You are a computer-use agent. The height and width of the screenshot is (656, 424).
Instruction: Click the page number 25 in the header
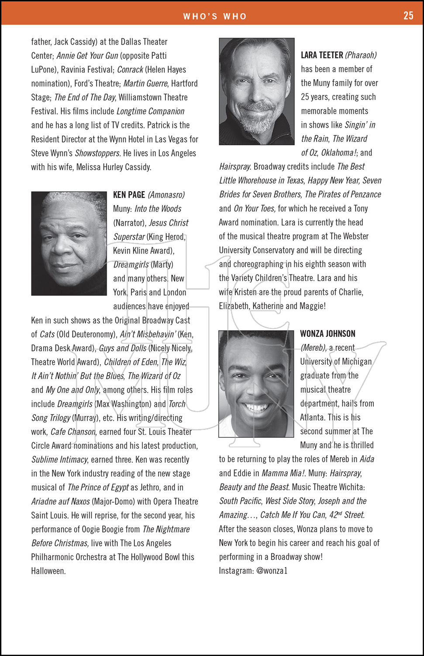408,16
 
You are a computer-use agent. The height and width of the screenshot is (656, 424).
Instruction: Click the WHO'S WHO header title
215,17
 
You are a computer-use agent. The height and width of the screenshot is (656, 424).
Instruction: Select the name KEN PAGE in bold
129,195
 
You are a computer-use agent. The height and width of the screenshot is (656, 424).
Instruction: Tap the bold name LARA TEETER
322,55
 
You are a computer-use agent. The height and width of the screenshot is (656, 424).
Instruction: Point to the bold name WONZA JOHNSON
327,334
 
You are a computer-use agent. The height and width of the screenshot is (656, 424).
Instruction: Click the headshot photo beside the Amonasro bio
69,243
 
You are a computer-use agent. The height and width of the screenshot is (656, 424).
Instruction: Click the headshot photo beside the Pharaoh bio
257,91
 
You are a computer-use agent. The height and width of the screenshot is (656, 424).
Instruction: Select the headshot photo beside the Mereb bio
256,384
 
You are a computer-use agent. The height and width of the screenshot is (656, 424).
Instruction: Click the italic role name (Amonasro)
166,195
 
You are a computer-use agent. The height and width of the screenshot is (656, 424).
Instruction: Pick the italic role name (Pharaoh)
361,55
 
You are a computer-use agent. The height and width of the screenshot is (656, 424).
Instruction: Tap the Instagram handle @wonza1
272,571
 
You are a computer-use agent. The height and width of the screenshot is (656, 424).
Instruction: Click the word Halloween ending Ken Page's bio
48,571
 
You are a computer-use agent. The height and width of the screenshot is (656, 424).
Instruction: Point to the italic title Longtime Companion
150,111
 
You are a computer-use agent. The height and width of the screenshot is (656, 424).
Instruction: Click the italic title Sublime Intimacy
60,460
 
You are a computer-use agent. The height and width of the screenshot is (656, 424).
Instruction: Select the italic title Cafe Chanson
73,432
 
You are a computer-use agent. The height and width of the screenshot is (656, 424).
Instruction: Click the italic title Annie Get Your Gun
87,56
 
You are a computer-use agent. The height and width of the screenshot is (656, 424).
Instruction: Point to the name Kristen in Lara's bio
245,292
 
